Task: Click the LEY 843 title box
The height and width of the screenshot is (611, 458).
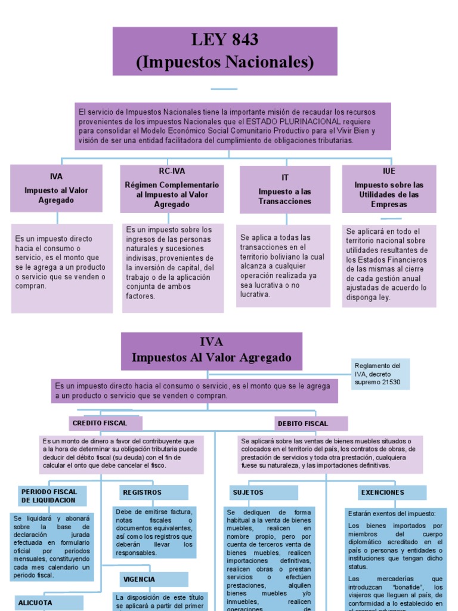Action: tap(225, 51)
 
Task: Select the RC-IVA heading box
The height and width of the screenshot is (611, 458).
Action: tap(172, 189)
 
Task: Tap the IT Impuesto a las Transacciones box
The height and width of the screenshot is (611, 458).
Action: tap(284, 189)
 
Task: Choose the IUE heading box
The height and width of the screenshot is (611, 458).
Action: tap(389, 188)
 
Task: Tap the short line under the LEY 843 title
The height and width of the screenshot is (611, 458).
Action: tap(224, 90)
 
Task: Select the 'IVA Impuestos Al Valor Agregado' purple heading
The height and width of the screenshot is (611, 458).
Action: tap(211, 351)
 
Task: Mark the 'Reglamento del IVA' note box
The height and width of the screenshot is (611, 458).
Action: tap(380, 374)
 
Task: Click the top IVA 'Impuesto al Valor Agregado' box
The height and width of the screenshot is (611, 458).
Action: tap(56, 189)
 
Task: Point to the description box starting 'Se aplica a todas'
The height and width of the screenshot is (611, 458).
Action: tap(283, 266)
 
